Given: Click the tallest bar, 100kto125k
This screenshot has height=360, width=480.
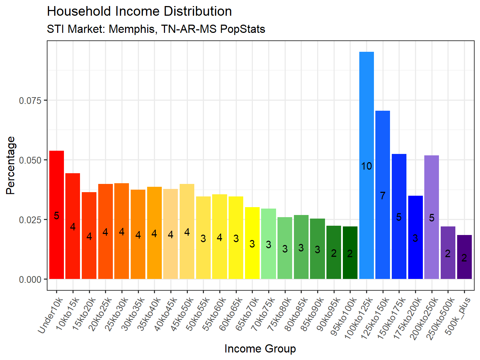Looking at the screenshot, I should click(366, 143).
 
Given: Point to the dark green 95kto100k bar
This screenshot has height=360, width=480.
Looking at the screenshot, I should click(350, 264).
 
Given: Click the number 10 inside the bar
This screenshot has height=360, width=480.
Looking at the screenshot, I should click(366, 166).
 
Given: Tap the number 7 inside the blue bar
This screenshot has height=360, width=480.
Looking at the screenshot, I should click(382, 196).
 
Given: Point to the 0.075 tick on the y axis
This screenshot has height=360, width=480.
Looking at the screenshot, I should click(30, 100).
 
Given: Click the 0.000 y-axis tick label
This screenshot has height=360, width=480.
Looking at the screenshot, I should click(30, 279).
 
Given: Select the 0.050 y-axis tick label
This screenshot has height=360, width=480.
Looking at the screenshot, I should click(30, 160).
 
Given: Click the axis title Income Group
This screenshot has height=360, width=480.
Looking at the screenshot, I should click(260, 349).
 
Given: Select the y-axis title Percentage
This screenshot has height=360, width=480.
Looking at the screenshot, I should click(11, 165).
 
